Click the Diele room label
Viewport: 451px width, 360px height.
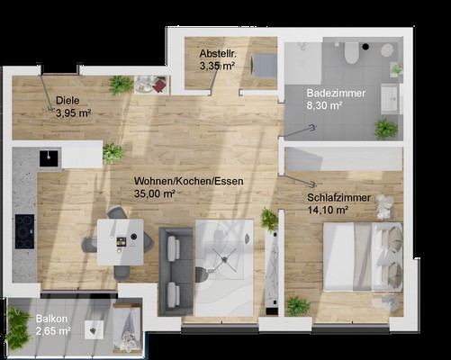tap(68, 101)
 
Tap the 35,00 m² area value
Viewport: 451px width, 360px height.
tap(155, 193)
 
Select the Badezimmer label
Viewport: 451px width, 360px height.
tap(336, 93)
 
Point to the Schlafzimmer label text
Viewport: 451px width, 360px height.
tap(338, 198)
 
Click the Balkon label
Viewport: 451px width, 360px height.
tap(51, 319)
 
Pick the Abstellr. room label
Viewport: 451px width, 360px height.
tap(218, 54)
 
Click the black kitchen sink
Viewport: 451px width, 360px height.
tap(49, 158)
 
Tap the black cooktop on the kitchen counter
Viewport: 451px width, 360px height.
tap(24, 231)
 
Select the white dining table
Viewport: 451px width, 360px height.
tap(121, 242)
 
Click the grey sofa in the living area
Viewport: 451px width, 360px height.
tap(176, 272)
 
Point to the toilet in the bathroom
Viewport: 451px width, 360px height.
tap(351, 52)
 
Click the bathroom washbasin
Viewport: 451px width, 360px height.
tap(390, 99)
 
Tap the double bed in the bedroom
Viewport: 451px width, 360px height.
tap(363, 256)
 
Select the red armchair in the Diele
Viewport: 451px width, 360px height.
tap(160, 85)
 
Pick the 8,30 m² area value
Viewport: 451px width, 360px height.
tap(324, 105)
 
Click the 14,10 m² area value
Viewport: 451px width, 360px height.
tap(328, 210)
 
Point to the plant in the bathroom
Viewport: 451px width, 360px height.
tap(385, 129)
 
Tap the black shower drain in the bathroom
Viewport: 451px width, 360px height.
tap(365, 47)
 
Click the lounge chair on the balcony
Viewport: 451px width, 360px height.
tap(127, 327)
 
